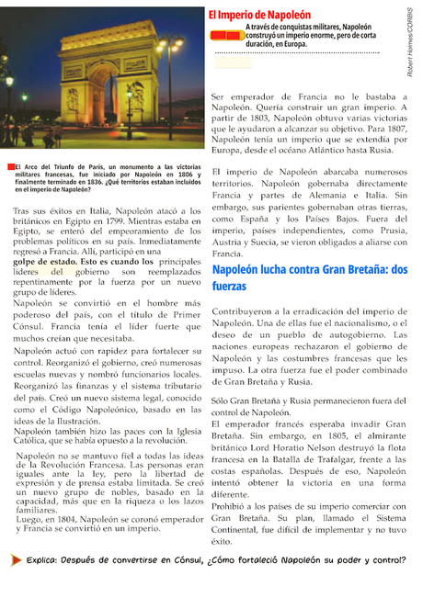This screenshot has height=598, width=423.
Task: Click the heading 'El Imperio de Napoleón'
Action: [x=271, y=16]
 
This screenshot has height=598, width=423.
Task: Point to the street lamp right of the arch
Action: [x=169, y=64]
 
